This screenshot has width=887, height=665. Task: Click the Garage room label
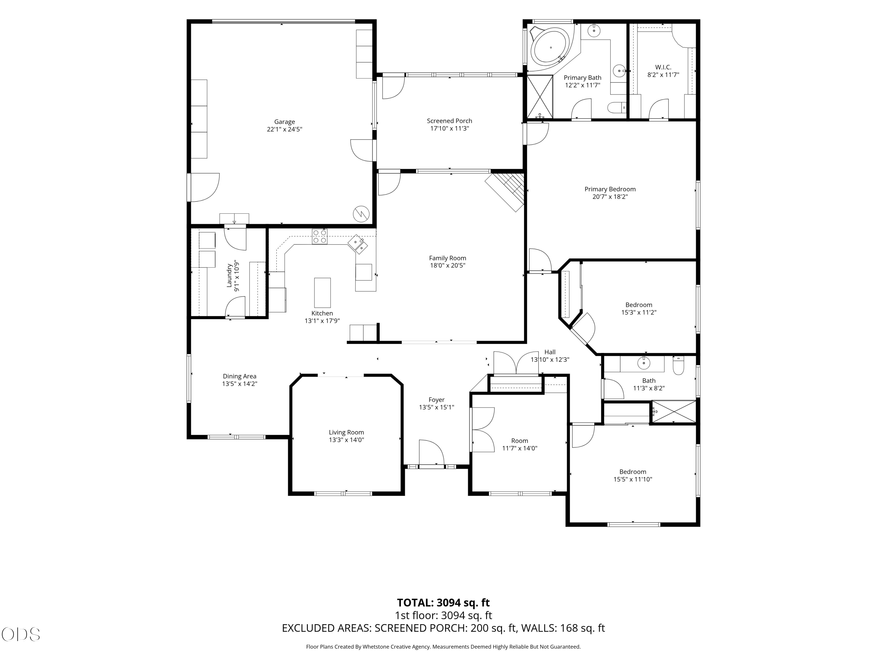point(284,122)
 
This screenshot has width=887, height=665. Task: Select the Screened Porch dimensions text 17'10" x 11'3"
point(449,129)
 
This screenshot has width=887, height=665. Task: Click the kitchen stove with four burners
point(320,236)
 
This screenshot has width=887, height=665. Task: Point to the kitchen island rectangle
point(322,293)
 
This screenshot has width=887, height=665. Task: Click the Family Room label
point(448,258)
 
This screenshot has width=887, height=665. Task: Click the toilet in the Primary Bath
point(617,107)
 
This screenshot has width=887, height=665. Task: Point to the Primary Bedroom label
point(610,189)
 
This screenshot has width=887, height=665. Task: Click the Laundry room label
point(229,275)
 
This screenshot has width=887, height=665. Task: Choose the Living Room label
point(347,432)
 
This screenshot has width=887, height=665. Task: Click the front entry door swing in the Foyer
point(431,452)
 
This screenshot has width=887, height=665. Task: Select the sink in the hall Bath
point(644,364)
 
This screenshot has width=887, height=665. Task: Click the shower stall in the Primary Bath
point(540,97)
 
